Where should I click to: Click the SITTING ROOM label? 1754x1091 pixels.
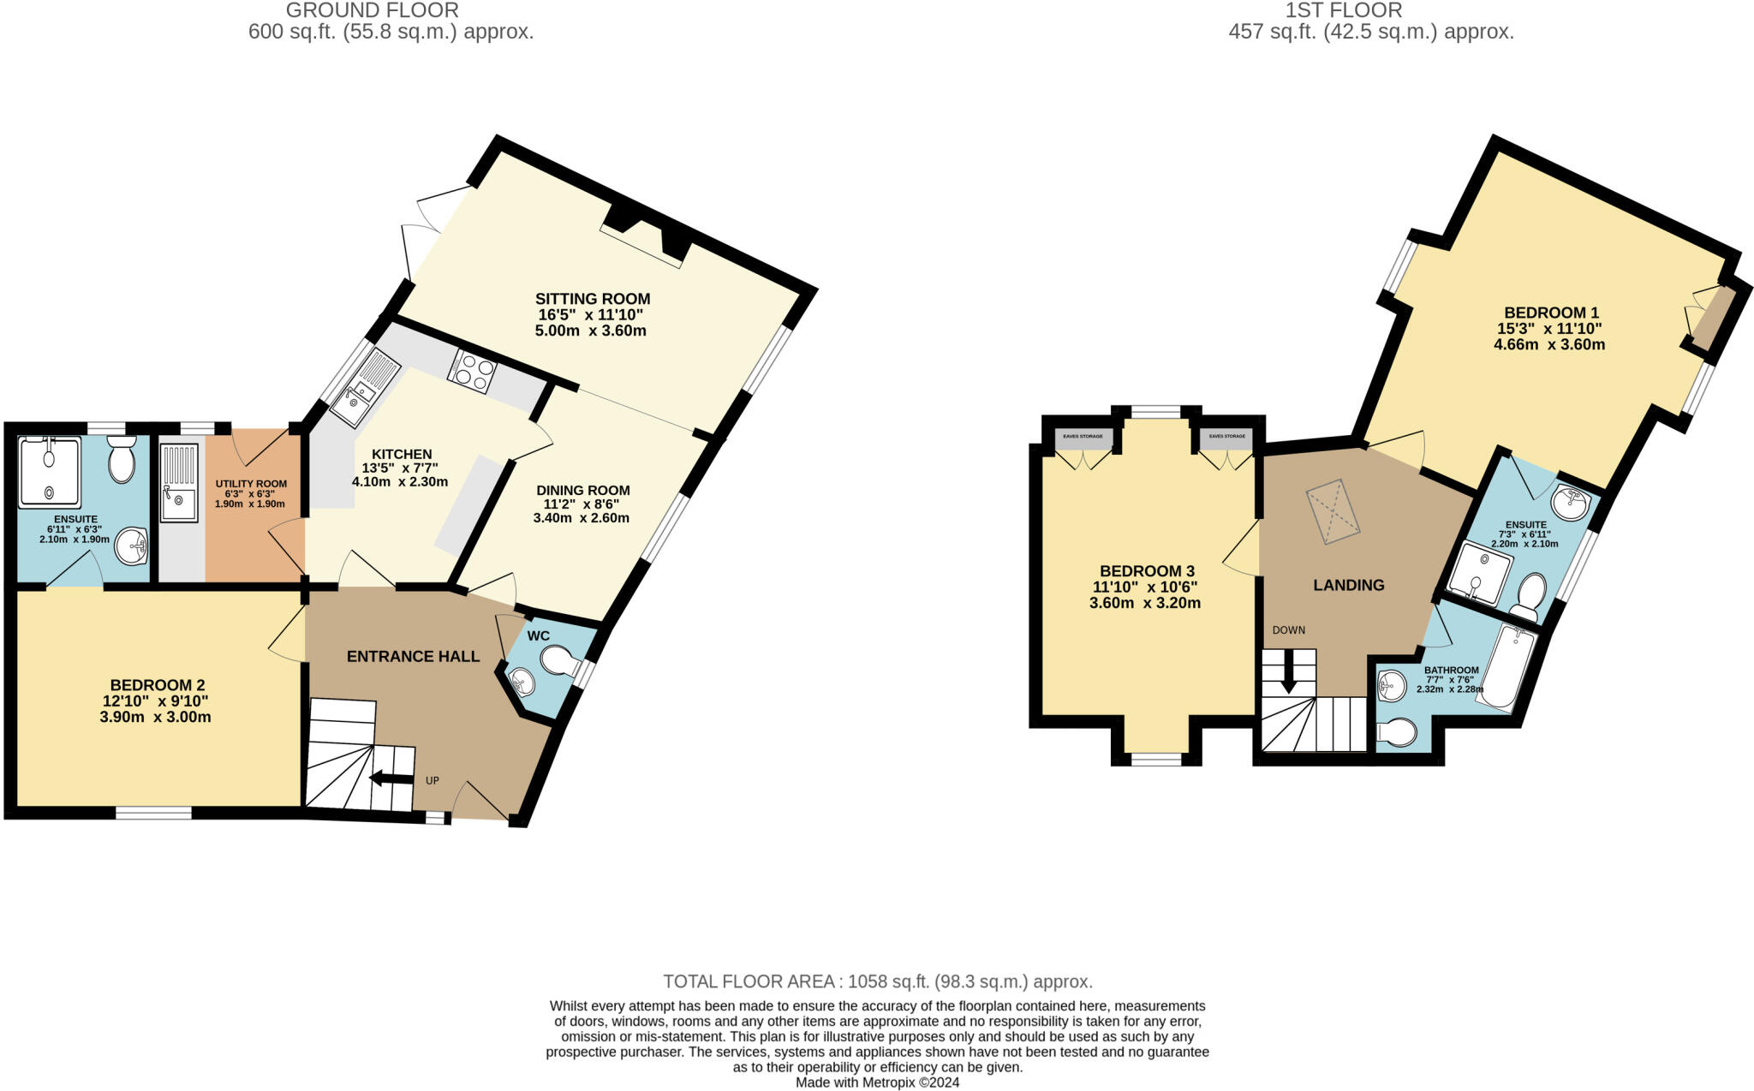coord(592,299)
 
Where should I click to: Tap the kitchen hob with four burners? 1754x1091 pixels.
coord(472,372)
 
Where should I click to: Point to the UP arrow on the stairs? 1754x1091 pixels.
coord(390,778)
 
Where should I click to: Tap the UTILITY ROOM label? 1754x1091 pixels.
coord(251,484)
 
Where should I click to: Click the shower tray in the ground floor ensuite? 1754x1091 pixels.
coord(50,471)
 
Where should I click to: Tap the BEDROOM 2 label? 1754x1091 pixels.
coord(157,685)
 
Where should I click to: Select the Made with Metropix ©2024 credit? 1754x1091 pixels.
coord(877,1082)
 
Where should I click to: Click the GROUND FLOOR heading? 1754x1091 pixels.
coord(372,11)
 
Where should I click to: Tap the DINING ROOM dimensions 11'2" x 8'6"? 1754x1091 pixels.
coord(582,504)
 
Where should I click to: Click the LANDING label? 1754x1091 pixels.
coord(1349,585)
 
